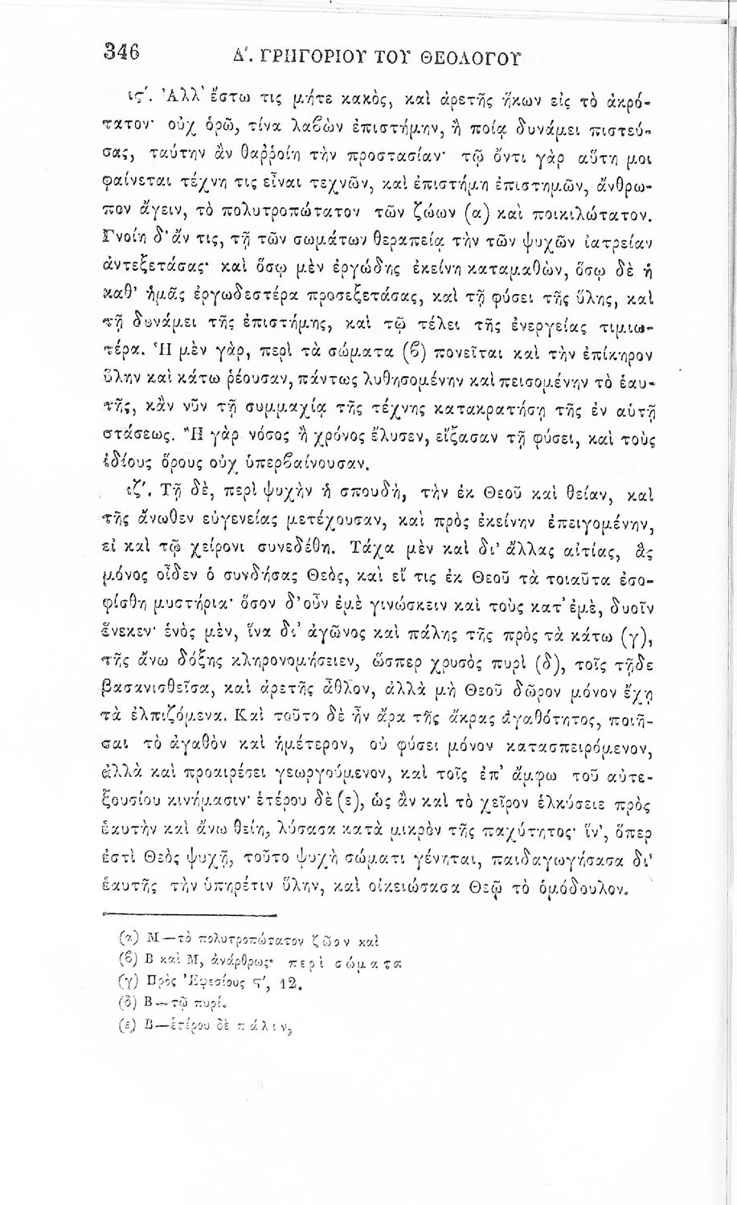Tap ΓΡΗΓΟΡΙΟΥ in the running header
coord(276,57)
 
